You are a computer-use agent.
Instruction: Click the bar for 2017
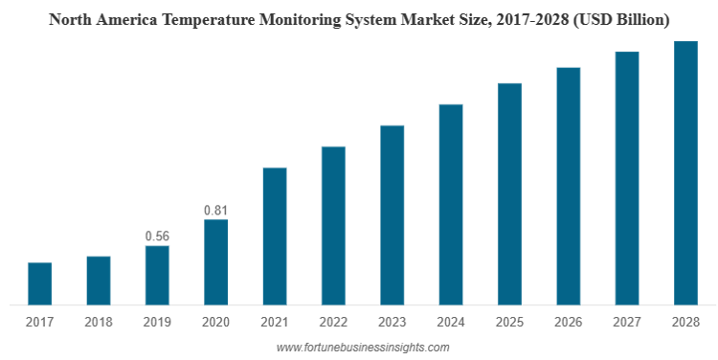click(40, 283)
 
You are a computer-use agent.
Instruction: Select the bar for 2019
click(157, 276)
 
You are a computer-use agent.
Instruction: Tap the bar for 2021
click(275, 236)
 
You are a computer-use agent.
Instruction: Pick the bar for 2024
click(451, 204)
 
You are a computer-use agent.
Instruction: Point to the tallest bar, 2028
click(686, 173)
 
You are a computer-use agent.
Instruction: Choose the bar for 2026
click(569, 186)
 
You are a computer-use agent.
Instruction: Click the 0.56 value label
click(157, 236)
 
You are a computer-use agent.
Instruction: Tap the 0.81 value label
click(215, 211)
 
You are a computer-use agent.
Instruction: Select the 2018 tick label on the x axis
click(99, 322)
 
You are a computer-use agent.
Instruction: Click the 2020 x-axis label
click(215, 322)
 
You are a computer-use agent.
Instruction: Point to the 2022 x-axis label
click(333, 322)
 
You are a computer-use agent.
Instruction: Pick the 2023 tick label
click(392, 322)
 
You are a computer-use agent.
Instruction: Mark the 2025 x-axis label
click(509, 322)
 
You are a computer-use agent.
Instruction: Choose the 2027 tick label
click(627, 322)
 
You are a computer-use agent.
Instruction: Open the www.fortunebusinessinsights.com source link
click(363, 348)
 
